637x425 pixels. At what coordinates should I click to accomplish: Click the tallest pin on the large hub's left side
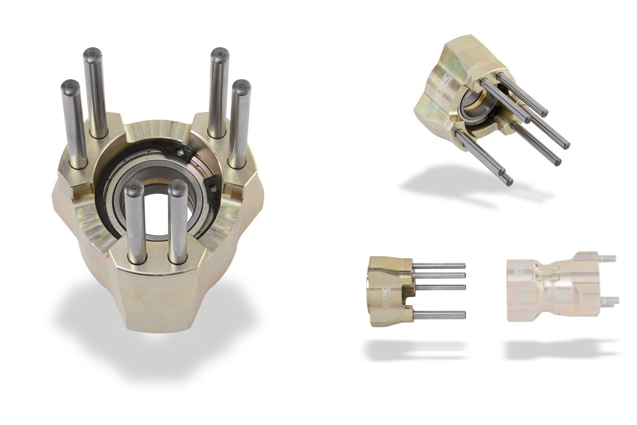pos(96,90)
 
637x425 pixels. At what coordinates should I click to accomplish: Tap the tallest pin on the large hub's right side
pos(218,90)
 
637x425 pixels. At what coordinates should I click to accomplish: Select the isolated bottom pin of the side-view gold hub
pos(439,315)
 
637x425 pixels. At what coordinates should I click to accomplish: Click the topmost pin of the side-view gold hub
pos(439,265)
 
